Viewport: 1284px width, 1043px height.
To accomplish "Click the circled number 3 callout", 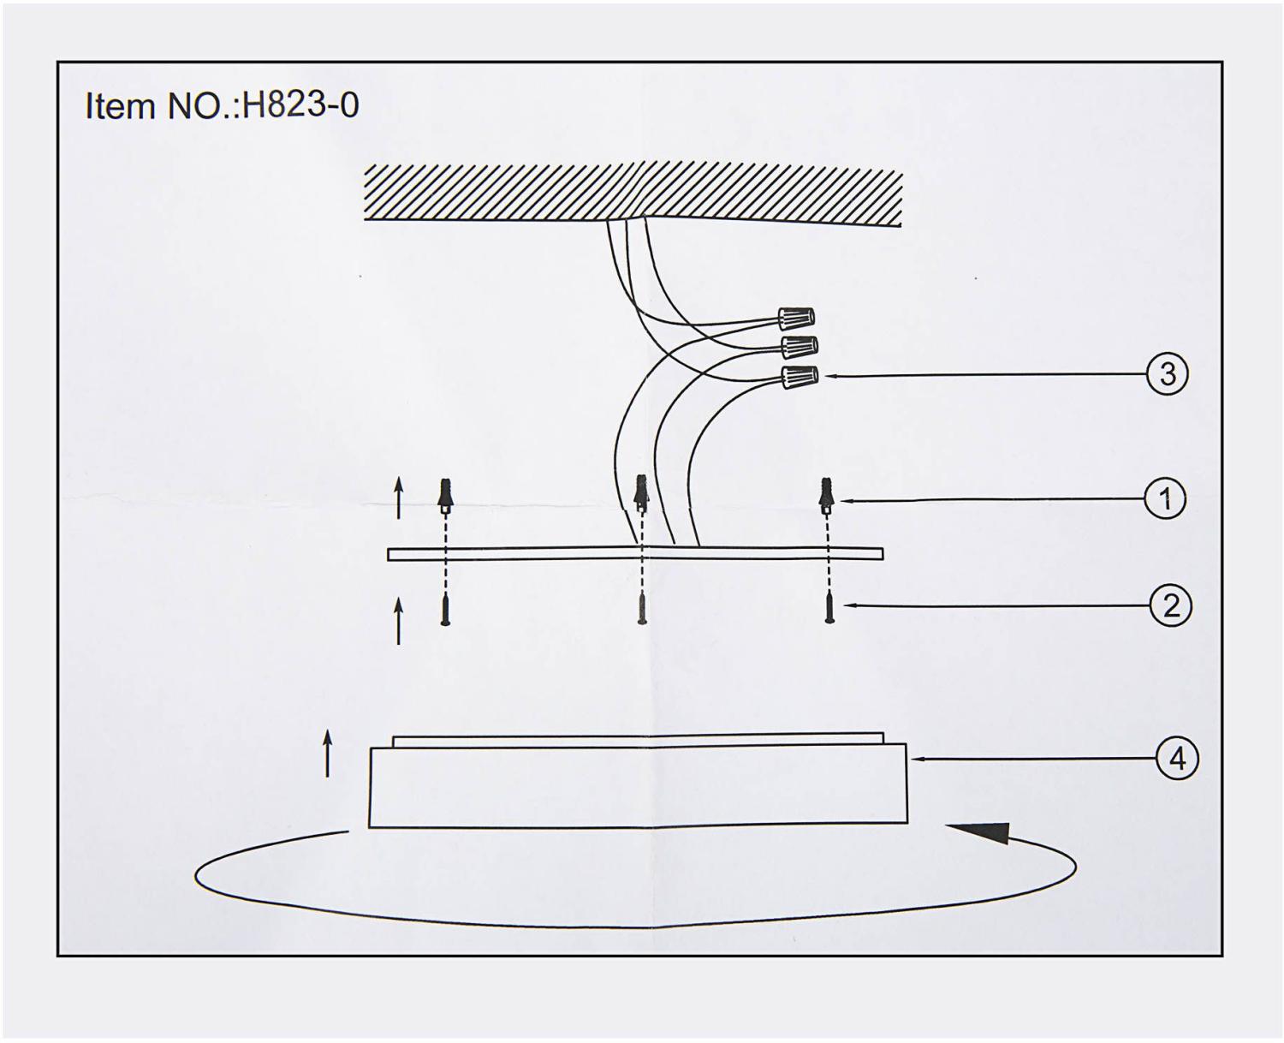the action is (x=1168, y=374).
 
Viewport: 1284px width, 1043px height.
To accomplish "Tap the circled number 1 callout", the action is (x=1165, y=499).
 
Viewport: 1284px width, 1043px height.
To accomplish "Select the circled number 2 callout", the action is (x=1171, y=606).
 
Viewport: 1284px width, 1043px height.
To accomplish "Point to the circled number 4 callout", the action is (x=1177, y=759).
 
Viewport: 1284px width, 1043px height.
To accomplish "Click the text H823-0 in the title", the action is (x=300, y=105).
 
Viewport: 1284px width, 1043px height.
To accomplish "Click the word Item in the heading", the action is (x=121, y=106).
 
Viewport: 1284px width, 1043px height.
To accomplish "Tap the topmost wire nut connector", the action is (x=796, y=319).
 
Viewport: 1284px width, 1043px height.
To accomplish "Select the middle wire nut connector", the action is (x=800, y=346).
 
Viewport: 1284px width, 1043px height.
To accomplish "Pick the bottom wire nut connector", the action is (x=800, y=378).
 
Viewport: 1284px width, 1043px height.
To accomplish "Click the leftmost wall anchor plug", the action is (x=444, y=497).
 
